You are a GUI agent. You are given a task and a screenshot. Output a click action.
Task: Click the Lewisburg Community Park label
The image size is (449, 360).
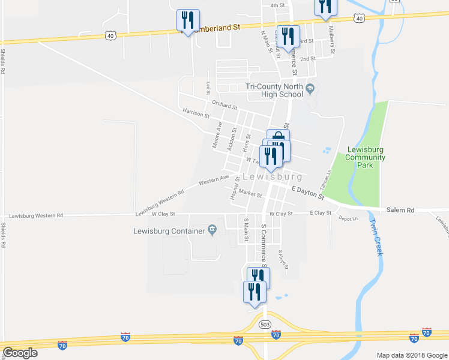[x=365, y=157]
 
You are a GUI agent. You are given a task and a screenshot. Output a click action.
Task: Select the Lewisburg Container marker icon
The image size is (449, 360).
[x=212, y=229]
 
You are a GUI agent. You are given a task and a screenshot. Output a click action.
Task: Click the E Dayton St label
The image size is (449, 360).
[x=307, y=193]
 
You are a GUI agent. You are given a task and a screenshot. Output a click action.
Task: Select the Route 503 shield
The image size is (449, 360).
[x=265, y=324]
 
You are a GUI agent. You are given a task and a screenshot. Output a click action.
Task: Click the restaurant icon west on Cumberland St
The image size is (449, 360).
[x=188, y=21]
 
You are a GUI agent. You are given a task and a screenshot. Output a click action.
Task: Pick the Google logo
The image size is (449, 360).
[x=20, y=353]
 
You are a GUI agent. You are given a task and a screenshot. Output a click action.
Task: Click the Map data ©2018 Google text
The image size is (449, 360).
[x=411, y=355]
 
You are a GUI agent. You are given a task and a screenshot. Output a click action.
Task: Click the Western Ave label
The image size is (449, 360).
[x=214, y=179]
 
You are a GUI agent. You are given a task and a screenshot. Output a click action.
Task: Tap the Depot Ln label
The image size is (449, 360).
[x=348, y=218]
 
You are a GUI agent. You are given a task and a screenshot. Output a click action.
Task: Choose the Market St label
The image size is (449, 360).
[x=250, y=194]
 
